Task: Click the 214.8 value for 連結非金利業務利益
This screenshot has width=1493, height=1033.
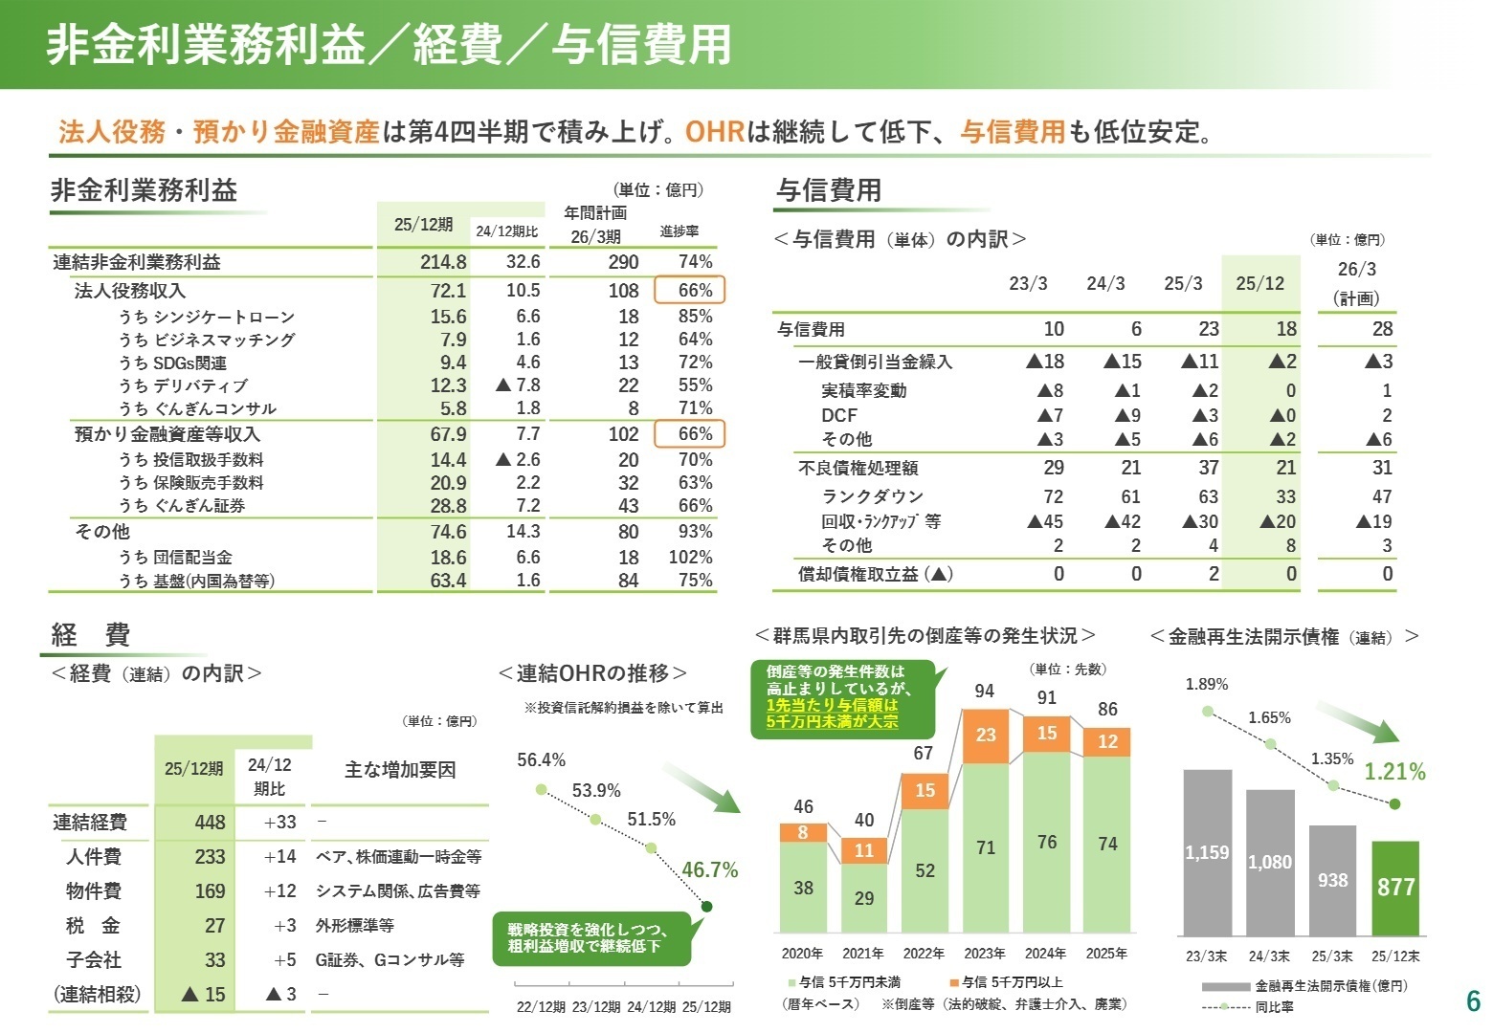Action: (443, 262)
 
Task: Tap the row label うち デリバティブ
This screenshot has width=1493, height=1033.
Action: (183, 385)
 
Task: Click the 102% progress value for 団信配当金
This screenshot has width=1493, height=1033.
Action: (690, 558)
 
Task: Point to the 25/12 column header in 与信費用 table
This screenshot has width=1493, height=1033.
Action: (1259, 283)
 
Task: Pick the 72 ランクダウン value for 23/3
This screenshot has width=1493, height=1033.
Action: (1053, 496)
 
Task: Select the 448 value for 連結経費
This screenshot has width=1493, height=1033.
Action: (210, 823)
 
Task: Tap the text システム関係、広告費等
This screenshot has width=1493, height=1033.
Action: (397, 891)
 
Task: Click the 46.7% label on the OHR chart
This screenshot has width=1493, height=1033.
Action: (709, 869)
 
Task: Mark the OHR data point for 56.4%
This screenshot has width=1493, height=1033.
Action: (541, 789)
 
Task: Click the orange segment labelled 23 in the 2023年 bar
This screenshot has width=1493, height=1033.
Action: (986, 735)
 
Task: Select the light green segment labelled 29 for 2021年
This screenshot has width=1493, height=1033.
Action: (864, 898)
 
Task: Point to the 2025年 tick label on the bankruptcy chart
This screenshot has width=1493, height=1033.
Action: (1106, 954)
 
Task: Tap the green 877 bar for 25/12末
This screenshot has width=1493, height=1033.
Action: (1394, 887)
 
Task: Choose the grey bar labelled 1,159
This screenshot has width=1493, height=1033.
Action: (1207, 851)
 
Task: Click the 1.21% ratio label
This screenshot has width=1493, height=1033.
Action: (1394, 772)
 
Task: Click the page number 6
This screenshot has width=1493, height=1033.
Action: (1473, 1001)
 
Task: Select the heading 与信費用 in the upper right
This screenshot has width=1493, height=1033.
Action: (828, 190)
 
